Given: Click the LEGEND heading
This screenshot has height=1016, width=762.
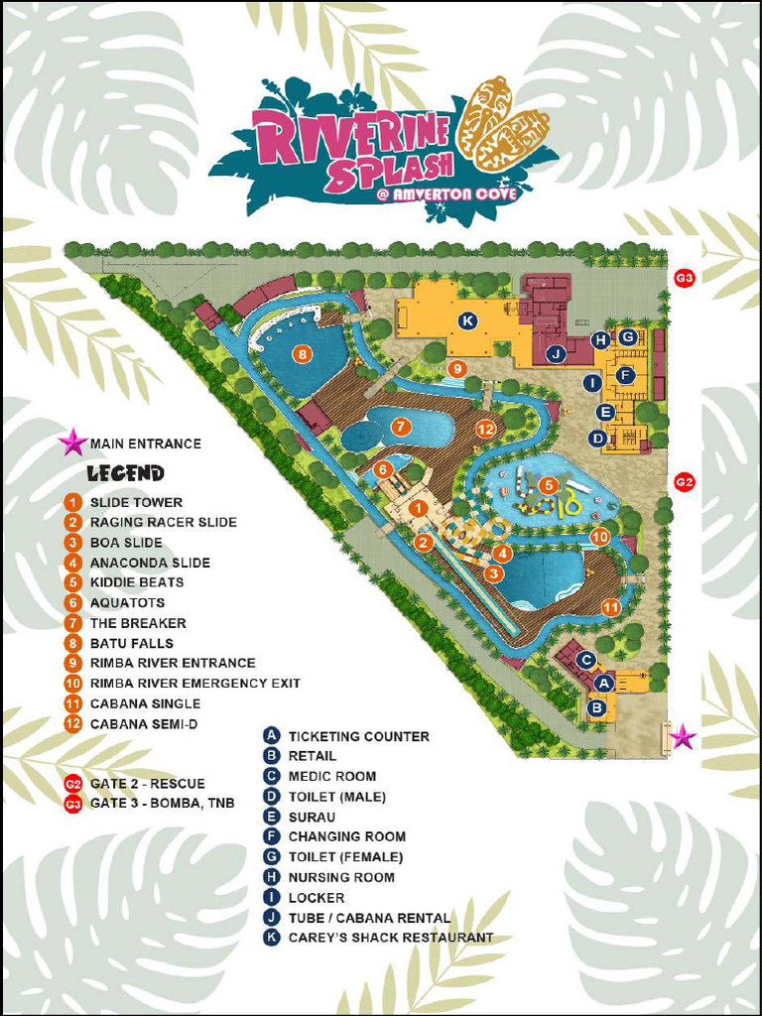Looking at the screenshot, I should tap(125, 473).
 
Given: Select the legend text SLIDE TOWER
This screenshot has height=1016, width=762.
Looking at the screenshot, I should tap(136, 503).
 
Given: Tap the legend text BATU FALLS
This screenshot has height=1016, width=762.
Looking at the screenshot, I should tap(131, 643).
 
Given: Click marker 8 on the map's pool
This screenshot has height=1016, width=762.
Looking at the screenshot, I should tap(302, 353).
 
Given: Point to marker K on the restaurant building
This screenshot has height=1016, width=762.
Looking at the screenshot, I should tap(467, 319).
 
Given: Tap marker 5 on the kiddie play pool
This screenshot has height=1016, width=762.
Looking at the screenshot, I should tap(549, 484).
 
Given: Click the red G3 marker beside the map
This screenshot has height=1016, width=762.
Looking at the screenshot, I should tap(684, 278).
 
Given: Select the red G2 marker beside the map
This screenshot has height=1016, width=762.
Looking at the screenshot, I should tap(684, 481).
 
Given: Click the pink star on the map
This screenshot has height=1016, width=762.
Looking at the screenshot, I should tap(682, 736).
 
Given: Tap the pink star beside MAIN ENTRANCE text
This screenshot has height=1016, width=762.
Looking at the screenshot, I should tap(72, 443).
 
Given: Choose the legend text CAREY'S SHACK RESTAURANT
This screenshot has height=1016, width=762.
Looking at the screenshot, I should tap(390, 938).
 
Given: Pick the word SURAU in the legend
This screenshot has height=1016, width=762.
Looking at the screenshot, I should tap(311, 817).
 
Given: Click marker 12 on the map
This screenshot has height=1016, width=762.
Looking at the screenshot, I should tap(485, 429).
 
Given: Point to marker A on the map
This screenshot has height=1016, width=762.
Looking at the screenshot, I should tap(602, 683).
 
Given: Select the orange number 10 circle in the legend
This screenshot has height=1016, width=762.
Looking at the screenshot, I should tap(72, 684).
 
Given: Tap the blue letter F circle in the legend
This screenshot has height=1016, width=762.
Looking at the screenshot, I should tap(271, 836).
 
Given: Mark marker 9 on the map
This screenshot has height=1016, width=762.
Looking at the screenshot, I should tap(456, 369).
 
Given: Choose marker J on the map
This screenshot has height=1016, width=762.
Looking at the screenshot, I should tap(556, 353).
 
